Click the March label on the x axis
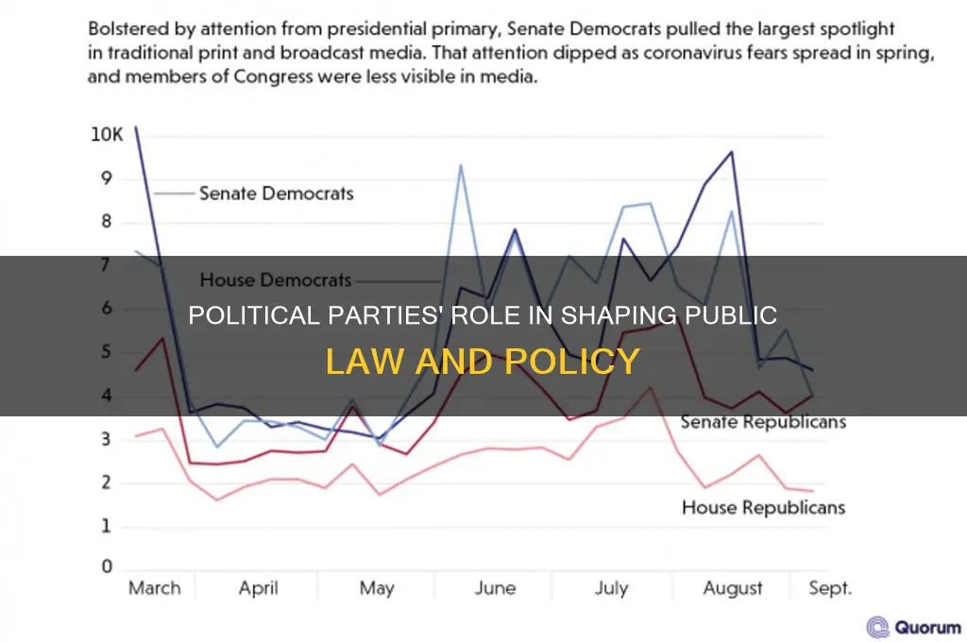pos(154,588)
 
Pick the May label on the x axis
pos(377,588)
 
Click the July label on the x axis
pos(612,588)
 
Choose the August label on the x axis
pos(733,588)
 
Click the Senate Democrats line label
pos(276,194)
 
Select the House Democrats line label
pos(276,279)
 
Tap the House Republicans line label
pos(763,508)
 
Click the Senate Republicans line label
pos(763,421)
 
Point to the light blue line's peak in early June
pos(461,165)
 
